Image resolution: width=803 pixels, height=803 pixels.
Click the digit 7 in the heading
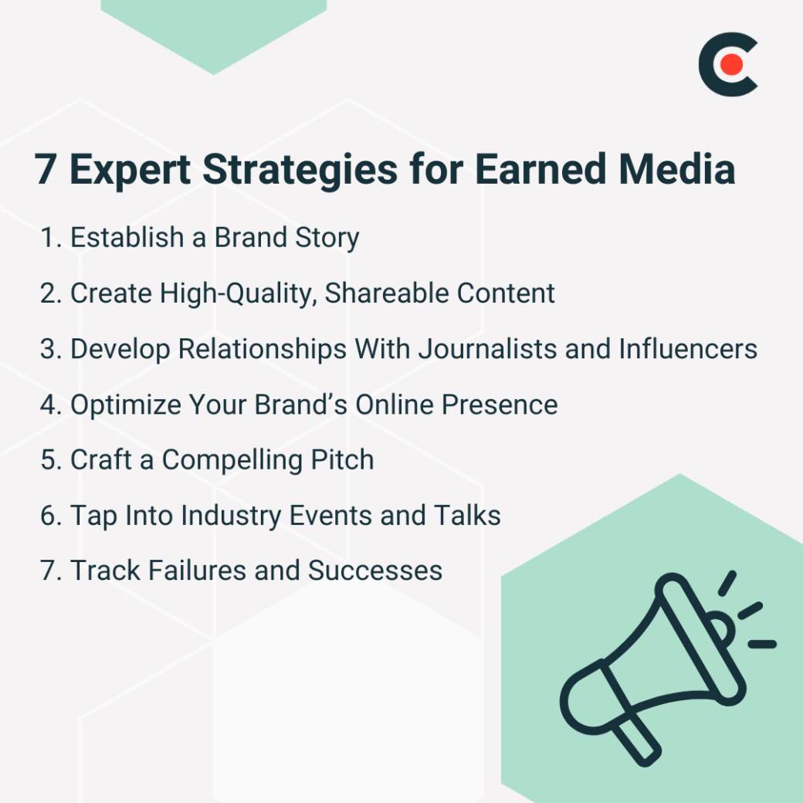[46, 169]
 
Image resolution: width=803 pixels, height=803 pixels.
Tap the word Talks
[466, 515]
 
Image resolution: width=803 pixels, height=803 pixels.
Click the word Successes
[375, 571]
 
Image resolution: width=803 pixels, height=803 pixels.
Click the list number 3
[50, 349]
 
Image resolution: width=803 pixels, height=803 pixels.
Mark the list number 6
[50, 516]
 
